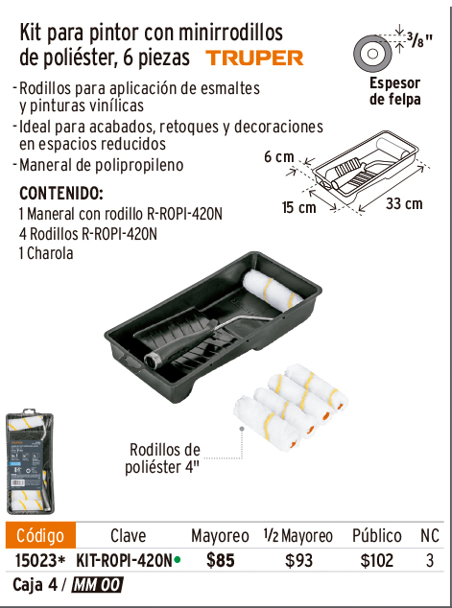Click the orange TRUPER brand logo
tap(254, 58)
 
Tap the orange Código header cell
tap(40, 535)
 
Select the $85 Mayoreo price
tap(221, 560)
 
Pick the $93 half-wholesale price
tap(298, 561)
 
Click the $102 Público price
tap(377, 561)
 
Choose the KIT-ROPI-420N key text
tap(124, 561)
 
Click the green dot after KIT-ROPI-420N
tap(178, 559)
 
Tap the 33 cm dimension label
tap(404, 203)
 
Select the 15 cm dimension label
tap(298, 208)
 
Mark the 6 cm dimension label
tap(279, 157)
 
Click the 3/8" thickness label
tap(419, 40)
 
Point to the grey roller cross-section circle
tap(372, 54)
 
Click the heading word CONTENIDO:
tap(60, 194)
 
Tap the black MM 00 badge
tap(97, 585)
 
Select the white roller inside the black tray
tap(273, 290)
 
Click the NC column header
tap(430, 536)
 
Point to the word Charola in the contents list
tap(50, 253)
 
